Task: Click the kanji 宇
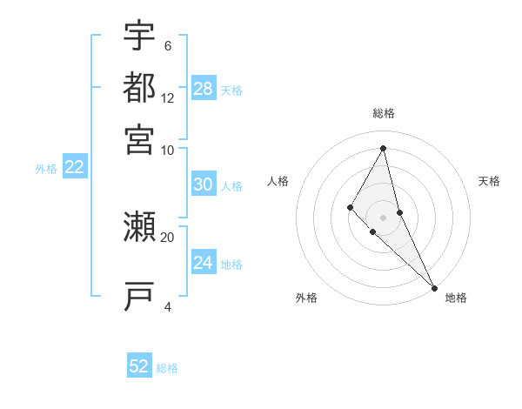[x=140, y=37]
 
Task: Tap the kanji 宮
[x=140, y=138]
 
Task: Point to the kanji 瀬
[x=140, y=228]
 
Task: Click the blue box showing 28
[x=204, y=89]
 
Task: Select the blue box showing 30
[x=204, y=184]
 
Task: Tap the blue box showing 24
[x=204, y=263]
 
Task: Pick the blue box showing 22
[x=74, y=168]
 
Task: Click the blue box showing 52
[x=139, y=366]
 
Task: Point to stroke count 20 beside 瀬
[x=168, y=236]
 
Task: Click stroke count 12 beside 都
[x=168, y=98]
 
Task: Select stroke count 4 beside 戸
[x=168, y=305]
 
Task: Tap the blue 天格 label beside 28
[x=231, y=91]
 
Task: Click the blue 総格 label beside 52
[x=167, y=368]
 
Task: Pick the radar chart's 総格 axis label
[x=384, y=113]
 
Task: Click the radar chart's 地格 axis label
[x=456, y=298]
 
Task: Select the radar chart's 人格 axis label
[x=278, y=181]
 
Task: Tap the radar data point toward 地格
[x=433, y=287]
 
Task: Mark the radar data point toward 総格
[x=384, y=148]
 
